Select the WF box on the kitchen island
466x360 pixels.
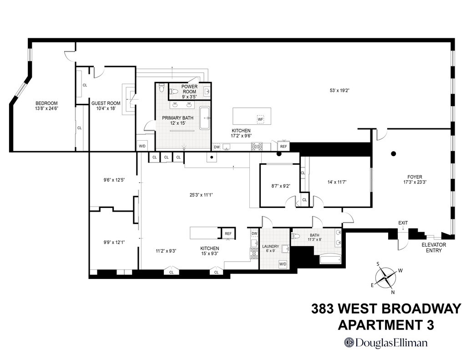[x=260, y=119]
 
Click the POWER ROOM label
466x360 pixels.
[x=189, y=89]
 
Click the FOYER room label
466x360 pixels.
[x=415, y=179]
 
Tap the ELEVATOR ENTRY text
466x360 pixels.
[x=433, y=247]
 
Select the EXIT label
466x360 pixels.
[x=403, y=223]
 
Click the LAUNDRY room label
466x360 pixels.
[x=271, y=249]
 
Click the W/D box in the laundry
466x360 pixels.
[x=283, y=264]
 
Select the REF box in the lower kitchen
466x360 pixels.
[x=228, y=233]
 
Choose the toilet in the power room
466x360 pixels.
[x=173, y=91]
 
